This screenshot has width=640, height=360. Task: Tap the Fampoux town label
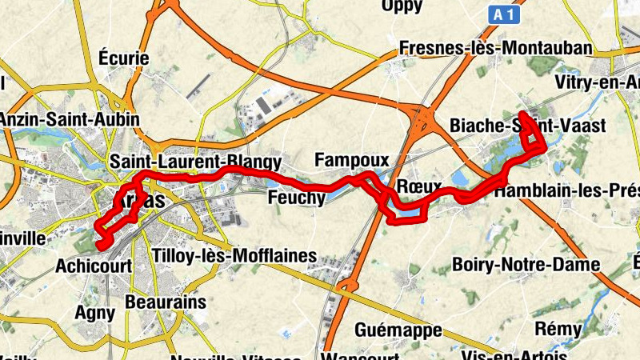351,160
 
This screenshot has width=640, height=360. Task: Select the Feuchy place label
296,197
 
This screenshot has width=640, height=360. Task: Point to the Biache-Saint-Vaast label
517,126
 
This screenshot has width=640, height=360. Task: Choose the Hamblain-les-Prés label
566,192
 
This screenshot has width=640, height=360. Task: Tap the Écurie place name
123,58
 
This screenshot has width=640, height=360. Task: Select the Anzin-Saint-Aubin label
70,118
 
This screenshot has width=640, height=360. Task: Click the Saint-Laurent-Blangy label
196,160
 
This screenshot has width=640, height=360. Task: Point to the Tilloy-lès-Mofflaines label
234,258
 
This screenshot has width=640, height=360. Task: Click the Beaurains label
166,303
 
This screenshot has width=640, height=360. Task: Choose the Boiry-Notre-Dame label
526,264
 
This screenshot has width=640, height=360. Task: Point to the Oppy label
402,6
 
